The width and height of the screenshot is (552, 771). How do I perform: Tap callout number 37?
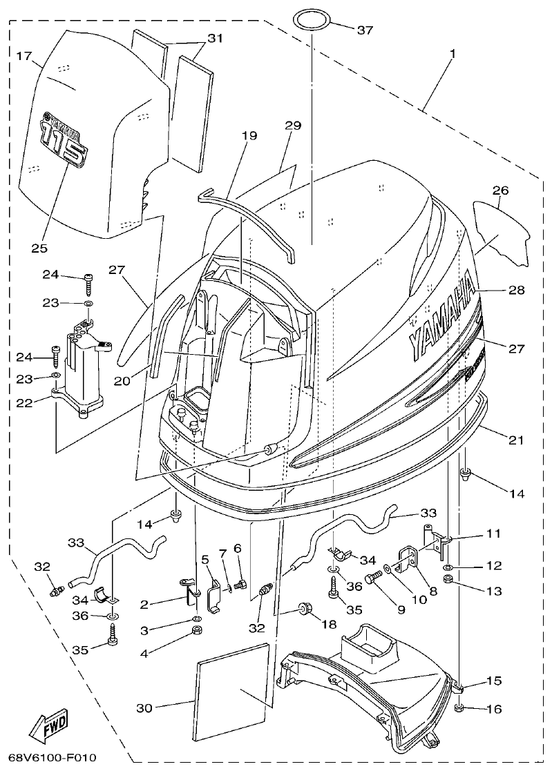click(x=365, y=30)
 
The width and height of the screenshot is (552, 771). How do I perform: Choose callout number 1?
click(x=453, y=53)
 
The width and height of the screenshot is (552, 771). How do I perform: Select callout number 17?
click(x=24, y=56)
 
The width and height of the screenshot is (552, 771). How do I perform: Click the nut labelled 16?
click(x=461, y=708)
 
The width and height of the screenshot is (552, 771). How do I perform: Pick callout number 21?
click(x=516, y=440)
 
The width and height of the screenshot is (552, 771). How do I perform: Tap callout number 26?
click(x=500, y=190)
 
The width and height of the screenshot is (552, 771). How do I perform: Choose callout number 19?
click(x=249, y=136)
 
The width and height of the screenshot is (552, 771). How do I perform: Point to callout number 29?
click(x=293, y=125)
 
